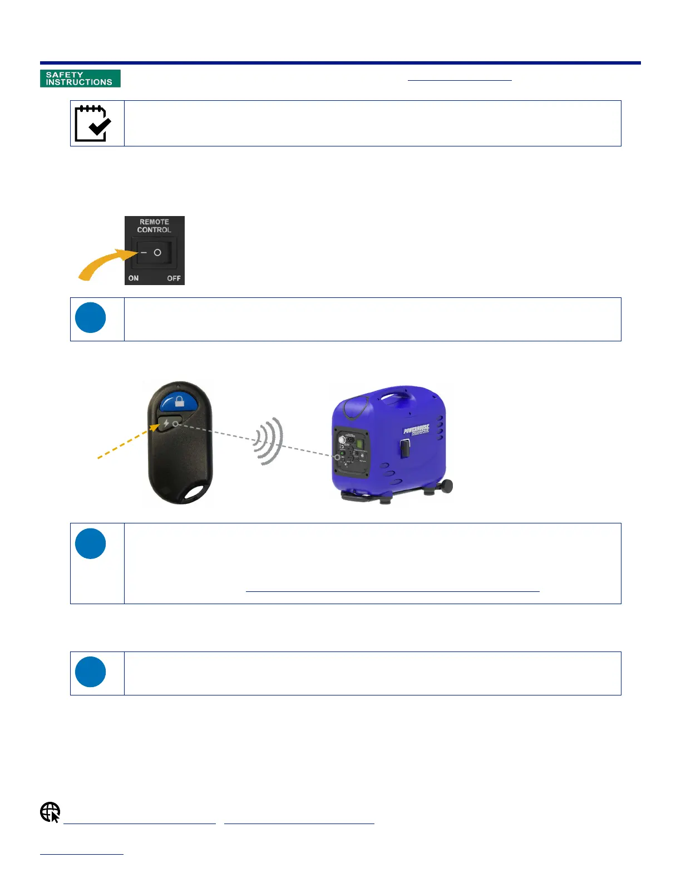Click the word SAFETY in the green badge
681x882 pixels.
[x=65, y=75]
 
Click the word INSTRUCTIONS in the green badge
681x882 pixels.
[x=79, y=82]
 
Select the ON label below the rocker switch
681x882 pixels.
[x=134, y=278]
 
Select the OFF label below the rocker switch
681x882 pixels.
[x=174, y=278]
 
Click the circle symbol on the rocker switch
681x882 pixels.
[x=158, y=253]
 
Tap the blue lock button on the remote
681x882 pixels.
[x=178, y=401]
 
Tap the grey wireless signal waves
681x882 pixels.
[x=270, y=441]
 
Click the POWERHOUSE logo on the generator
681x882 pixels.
[x=416, y=430]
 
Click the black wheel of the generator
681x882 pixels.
[x=445, y=486]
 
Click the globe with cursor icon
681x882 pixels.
[x=50, y=812]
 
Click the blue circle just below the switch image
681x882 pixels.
[x=91, y=317]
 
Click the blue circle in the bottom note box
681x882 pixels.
[x=91, y=672]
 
